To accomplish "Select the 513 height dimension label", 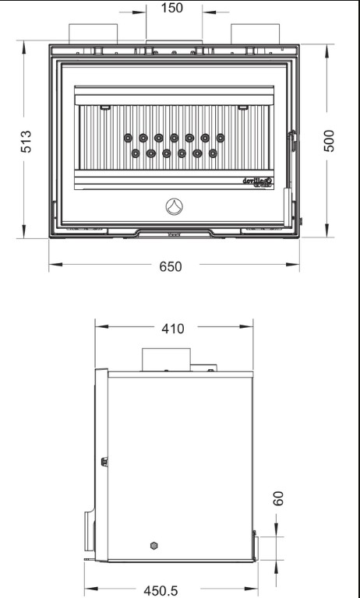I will pyautogui.click(x=26, y=142).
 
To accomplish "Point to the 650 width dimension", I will pyautogui.click(x=171, y=266).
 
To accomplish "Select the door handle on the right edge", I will pyautogui.click(x=291, y=142).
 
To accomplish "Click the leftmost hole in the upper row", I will pyautogui.click(x=128, y=138).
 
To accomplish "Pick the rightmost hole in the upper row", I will pyautogui.click(x=221, y=138).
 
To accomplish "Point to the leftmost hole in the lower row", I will pyautogui.click(x=136, y=153).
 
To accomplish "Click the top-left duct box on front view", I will pyautogui.click(x=93, y=34).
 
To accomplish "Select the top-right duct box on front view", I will pyautogui.click(x=254, y=34).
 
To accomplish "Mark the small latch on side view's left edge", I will pyautogui.click(x=104, y=462).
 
